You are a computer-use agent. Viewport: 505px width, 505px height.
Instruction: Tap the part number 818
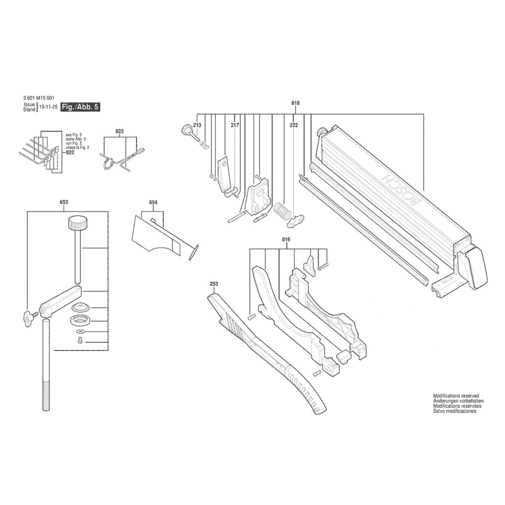pyautogui.click(x=295, y=103)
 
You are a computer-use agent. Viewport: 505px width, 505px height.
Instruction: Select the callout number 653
pyautogui.click(x=64, y=202)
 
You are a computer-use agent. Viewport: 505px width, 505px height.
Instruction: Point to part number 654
pyautogui.click(x=153, y=202)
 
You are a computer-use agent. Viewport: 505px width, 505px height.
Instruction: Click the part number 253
pyautogui.click(x=214, y=284)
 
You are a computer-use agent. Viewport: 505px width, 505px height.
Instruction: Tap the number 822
pyautogui.click(x=70, y=152)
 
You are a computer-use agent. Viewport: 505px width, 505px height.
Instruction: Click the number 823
pyautogui.click(x=120, y=131)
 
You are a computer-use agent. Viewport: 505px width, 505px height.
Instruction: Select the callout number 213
pyautogui.click(x=197, y=125)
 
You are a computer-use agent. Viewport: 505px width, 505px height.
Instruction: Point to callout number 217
pyautogui.click(x=235, y=125)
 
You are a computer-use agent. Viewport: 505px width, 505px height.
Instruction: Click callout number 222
pyautogui.click(x=293, y=125)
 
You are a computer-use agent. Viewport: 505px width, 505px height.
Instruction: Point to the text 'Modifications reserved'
pyautogui.click(x=456, y=396)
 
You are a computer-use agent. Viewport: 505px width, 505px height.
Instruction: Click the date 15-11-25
pyautogui.click(x=48, y=108)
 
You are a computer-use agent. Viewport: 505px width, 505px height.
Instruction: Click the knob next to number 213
pyautogui.click(x=187, y=130)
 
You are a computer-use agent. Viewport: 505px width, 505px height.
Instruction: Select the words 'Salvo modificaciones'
pyautogui.click(x=454, y=412)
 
